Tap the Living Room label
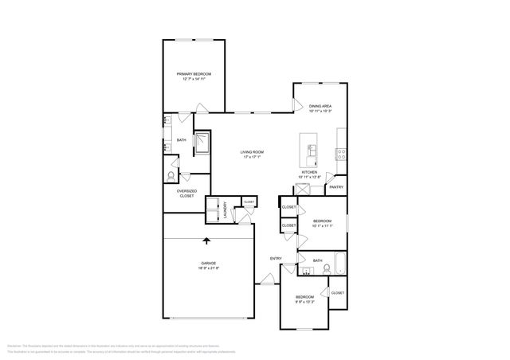point(253,152)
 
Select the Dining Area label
point(320,105)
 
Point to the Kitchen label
point(309,172)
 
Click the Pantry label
point(336,188)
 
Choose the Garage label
point(208,263)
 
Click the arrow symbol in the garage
point(207,241)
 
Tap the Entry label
point(276,258)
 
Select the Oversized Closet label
point(186,193)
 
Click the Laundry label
point(226,209)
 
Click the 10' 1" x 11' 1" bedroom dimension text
point(322,226)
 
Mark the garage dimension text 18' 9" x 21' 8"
point(208,268)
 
